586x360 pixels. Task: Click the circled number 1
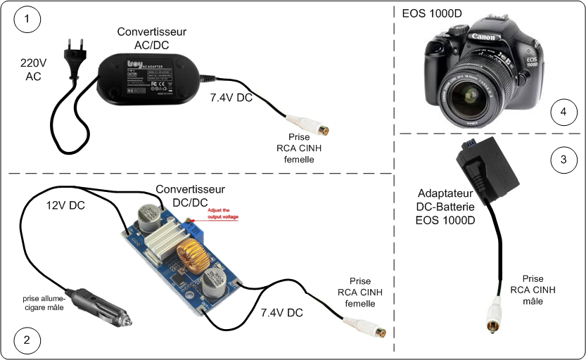(27, 20)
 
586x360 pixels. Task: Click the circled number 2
(27, 341)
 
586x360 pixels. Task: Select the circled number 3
(563, 160)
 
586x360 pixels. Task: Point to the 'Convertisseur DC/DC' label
(190, 195)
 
